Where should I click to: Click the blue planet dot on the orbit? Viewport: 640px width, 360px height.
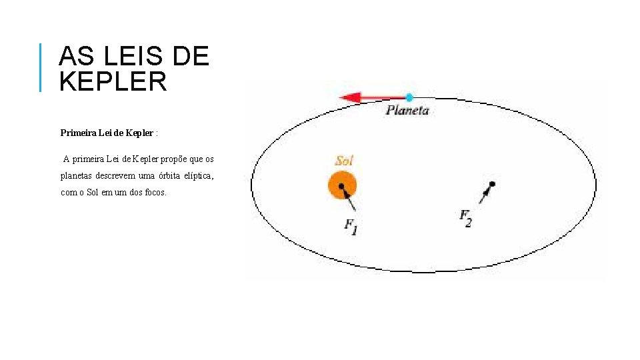(409, 97)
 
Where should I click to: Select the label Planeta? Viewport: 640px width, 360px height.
(407, 111)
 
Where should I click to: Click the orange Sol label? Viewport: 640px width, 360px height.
(344, 161)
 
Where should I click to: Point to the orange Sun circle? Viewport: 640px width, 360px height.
(342, 185)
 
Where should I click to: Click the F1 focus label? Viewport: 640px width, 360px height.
(351, 226)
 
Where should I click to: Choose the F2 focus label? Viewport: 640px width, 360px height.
(466, 218)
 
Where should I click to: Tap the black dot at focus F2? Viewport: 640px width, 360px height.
(492, 183)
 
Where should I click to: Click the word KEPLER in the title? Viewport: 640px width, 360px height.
(113, 81)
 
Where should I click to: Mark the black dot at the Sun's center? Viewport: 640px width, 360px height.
(341, 186)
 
